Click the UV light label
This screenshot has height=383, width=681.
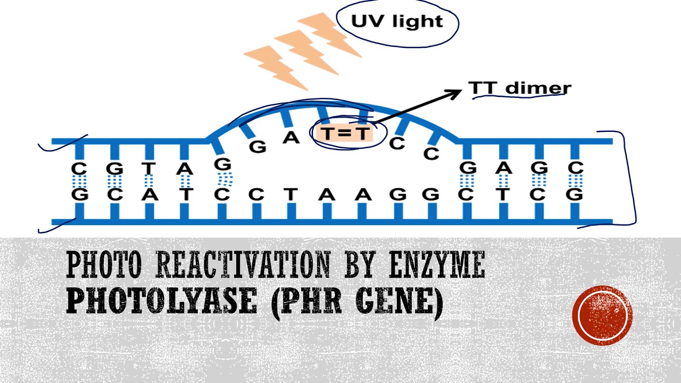(397, 22)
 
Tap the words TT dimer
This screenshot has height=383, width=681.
(519, 88)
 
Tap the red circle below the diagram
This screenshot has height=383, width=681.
(602, 316)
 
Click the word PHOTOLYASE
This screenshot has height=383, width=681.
(161, 302)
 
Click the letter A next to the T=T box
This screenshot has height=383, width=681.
(291, 138)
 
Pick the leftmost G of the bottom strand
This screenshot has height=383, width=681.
(80, 194)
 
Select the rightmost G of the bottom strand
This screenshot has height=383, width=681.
(575, 194)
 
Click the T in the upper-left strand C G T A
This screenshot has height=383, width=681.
(149, 169)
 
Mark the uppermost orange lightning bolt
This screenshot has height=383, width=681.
(330, 33)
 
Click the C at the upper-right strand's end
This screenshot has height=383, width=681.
(575, 168)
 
